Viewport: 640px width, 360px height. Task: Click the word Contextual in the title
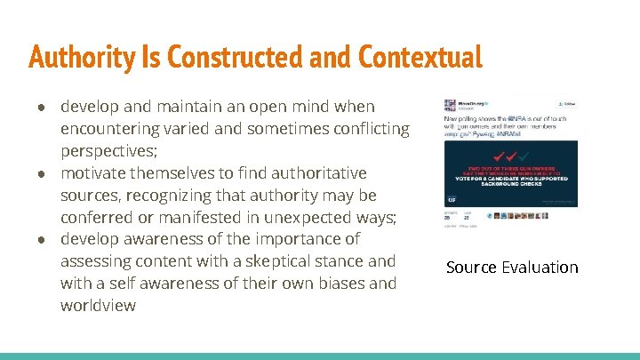pos(420,58)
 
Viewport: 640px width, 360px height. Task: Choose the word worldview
pos(99,306)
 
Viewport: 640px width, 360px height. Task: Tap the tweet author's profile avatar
pos(450,105)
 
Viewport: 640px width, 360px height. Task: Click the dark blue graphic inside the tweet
pos(511,170)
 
